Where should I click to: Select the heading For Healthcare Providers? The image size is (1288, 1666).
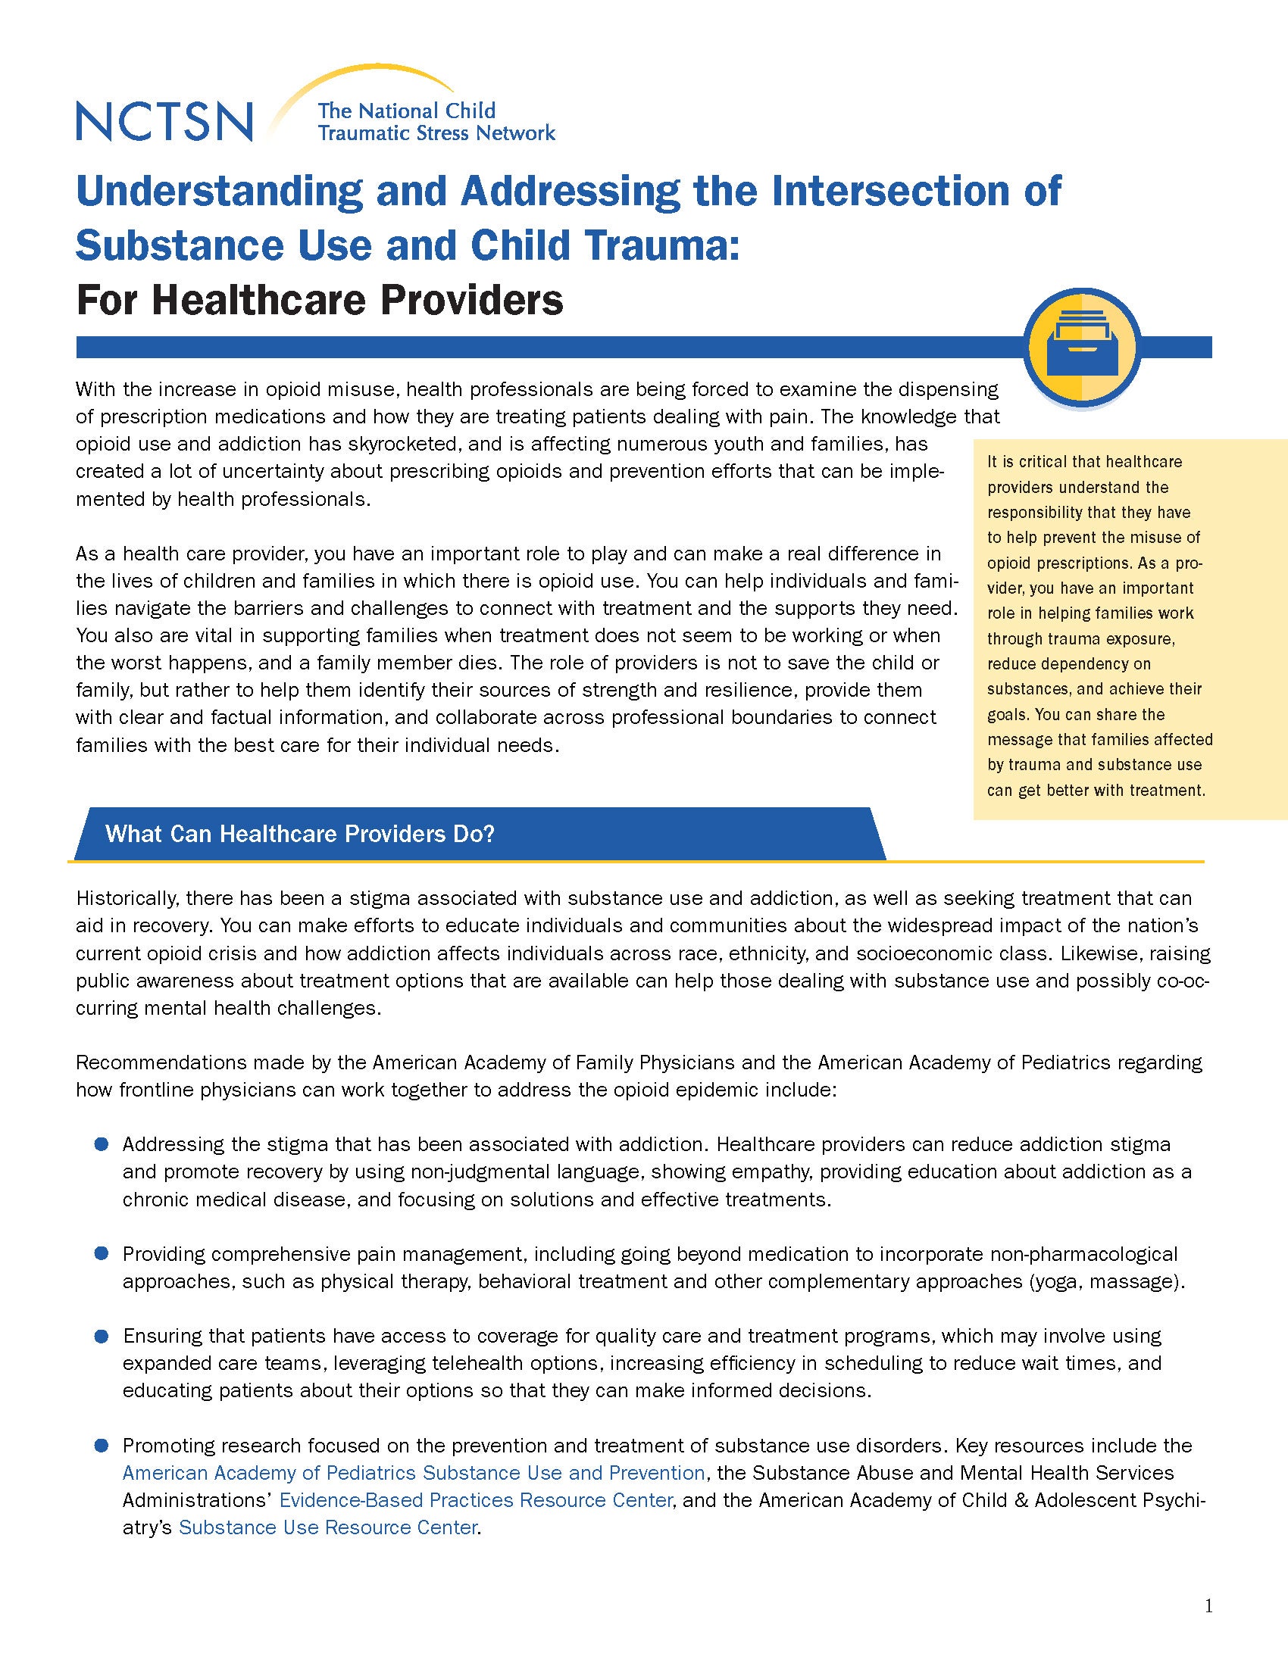pos(320,300)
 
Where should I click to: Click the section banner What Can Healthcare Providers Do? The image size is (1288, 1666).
pos(300,833)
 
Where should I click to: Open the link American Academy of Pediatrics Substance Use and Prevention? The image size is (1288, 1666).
pos(414,1472)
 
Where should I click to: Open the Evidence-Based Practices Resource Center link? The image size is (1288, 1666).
pos(475,1499)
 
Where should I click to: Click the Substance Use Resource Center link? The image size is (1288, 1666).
pos(328,1527)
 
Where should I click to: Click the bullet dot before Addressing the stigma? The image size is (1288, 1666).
pos(102,1144)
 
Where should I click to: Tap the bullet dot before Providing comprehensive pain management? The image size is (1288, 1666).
pos(102,1253)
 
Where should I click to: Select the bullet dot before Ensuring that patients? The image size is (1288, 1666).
pos(102,1336)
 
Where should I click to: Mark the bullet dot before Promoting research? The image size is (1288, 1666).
pos(102,1445)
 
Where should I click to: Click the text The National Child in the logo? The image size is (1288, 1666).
pos(407,111)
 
